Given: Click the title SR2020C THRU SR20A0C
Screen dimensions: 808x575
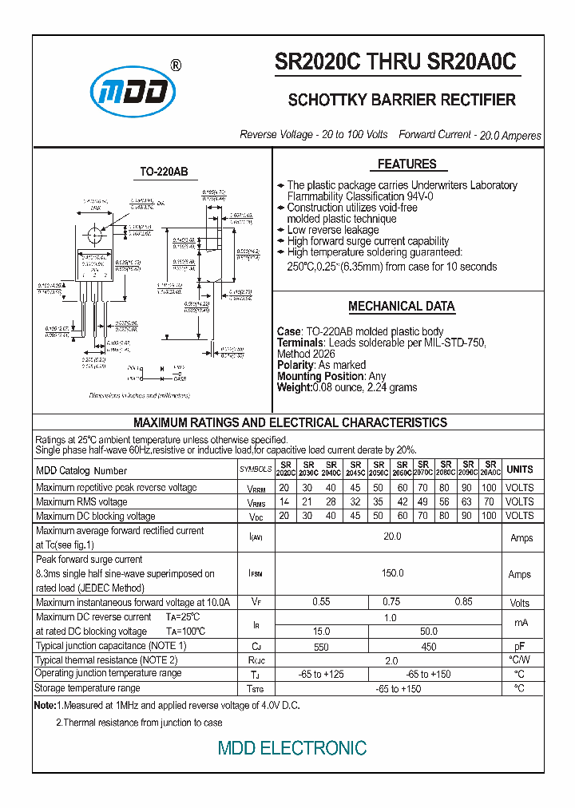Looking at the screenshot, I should point(396,63).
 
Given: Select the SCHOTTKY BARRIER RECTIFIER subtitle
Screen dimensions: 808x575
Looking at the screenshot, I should point(401,101).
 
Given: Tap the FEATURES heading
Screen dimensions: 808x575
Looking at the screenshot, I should point(406,164).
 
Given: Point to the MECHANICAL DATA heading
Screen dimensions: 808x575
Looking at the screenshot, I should point(401,307).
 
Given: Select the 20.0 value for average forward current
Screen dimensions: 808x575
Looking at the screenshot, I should point(391,537).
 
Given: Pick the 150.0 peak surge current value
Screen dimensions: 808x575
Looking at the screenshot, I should point(391,573).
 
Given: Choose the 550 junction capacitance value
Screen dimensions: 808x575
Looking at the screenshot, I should point(321,647).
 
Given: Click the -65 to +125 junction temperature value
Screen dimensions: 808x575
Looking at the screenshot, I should point(321,675).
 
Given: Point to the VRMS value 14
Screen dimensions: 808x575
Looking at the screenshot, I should point(284,502).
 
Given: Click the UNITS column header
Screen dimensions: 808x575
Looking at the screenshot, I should point(519,469).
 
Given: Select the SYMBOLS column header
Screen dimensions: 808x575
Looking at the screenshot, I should point(256,469).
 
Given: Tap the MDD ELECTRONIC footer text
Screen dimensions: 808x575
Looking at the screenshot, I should point(292,748).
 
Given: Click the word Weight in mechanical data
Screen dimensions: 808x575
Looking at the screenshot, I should point(293,387).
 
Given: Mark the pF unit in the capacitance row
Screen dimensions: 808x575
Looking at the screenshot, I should point(519,647).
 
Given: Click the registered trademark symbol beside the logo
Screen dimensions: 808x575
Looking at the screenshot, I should point(176,66).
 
